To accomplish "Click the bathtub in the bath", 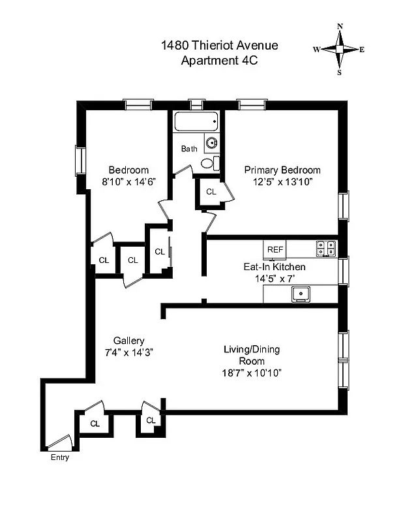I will pyautogui.click(x=196, y=122).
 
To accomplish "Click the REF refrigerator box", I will pyautogui.click(x=275, y=249).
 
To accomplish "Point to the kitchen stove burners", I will pyautogui.click(x=326, y=248).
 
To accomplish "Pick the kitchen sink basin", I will pyautogui.click(x=301, y=294).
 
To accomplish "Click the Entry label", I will pyautogui.click(x=59, y=457).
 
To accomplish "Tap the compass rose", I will pyautogui.click(x=339, y=49).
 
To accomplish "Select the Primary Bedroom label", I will pyautogui.click(x=282, y=170).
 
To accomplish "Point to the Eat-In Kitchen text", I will pyautogui.click(x=274, y=267).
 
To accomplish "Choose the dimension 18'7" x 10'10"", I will pyautogui.click(x=252, y=373).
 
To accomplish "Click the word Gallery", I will pyautogui.click(x=128, y=341).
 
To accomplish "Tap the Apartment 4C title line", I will pyautogui.click(x=219, y=61).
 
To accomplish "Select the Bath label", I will pyautogui.click(x=189, y=149).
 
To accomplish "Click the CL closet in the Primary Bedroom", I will pyautogui.click(x=211, y=192).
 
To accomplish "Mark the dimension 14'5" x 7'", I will pyautogui.click(x=275, y=279).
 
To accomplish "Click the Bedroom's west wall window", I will pyautogui.click(x=80, y=161).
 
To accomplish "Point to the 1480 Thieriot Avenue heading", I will pyautogui.click(x=219, y=46).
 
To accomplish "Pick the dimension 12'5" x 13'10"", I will pyautogui.click(x=282, y=182).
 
